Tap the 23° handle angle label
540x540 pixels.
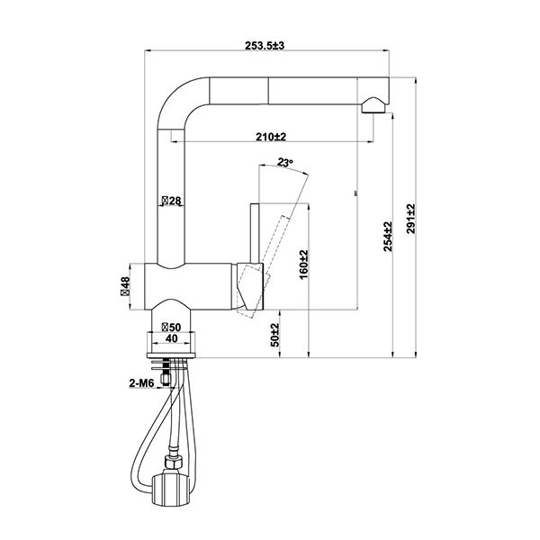[x=286, y=163]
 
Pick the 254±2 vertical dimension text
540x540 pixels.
[x=389, y=237]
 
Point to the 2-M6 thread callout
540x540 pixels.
[x=143, y=384]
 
